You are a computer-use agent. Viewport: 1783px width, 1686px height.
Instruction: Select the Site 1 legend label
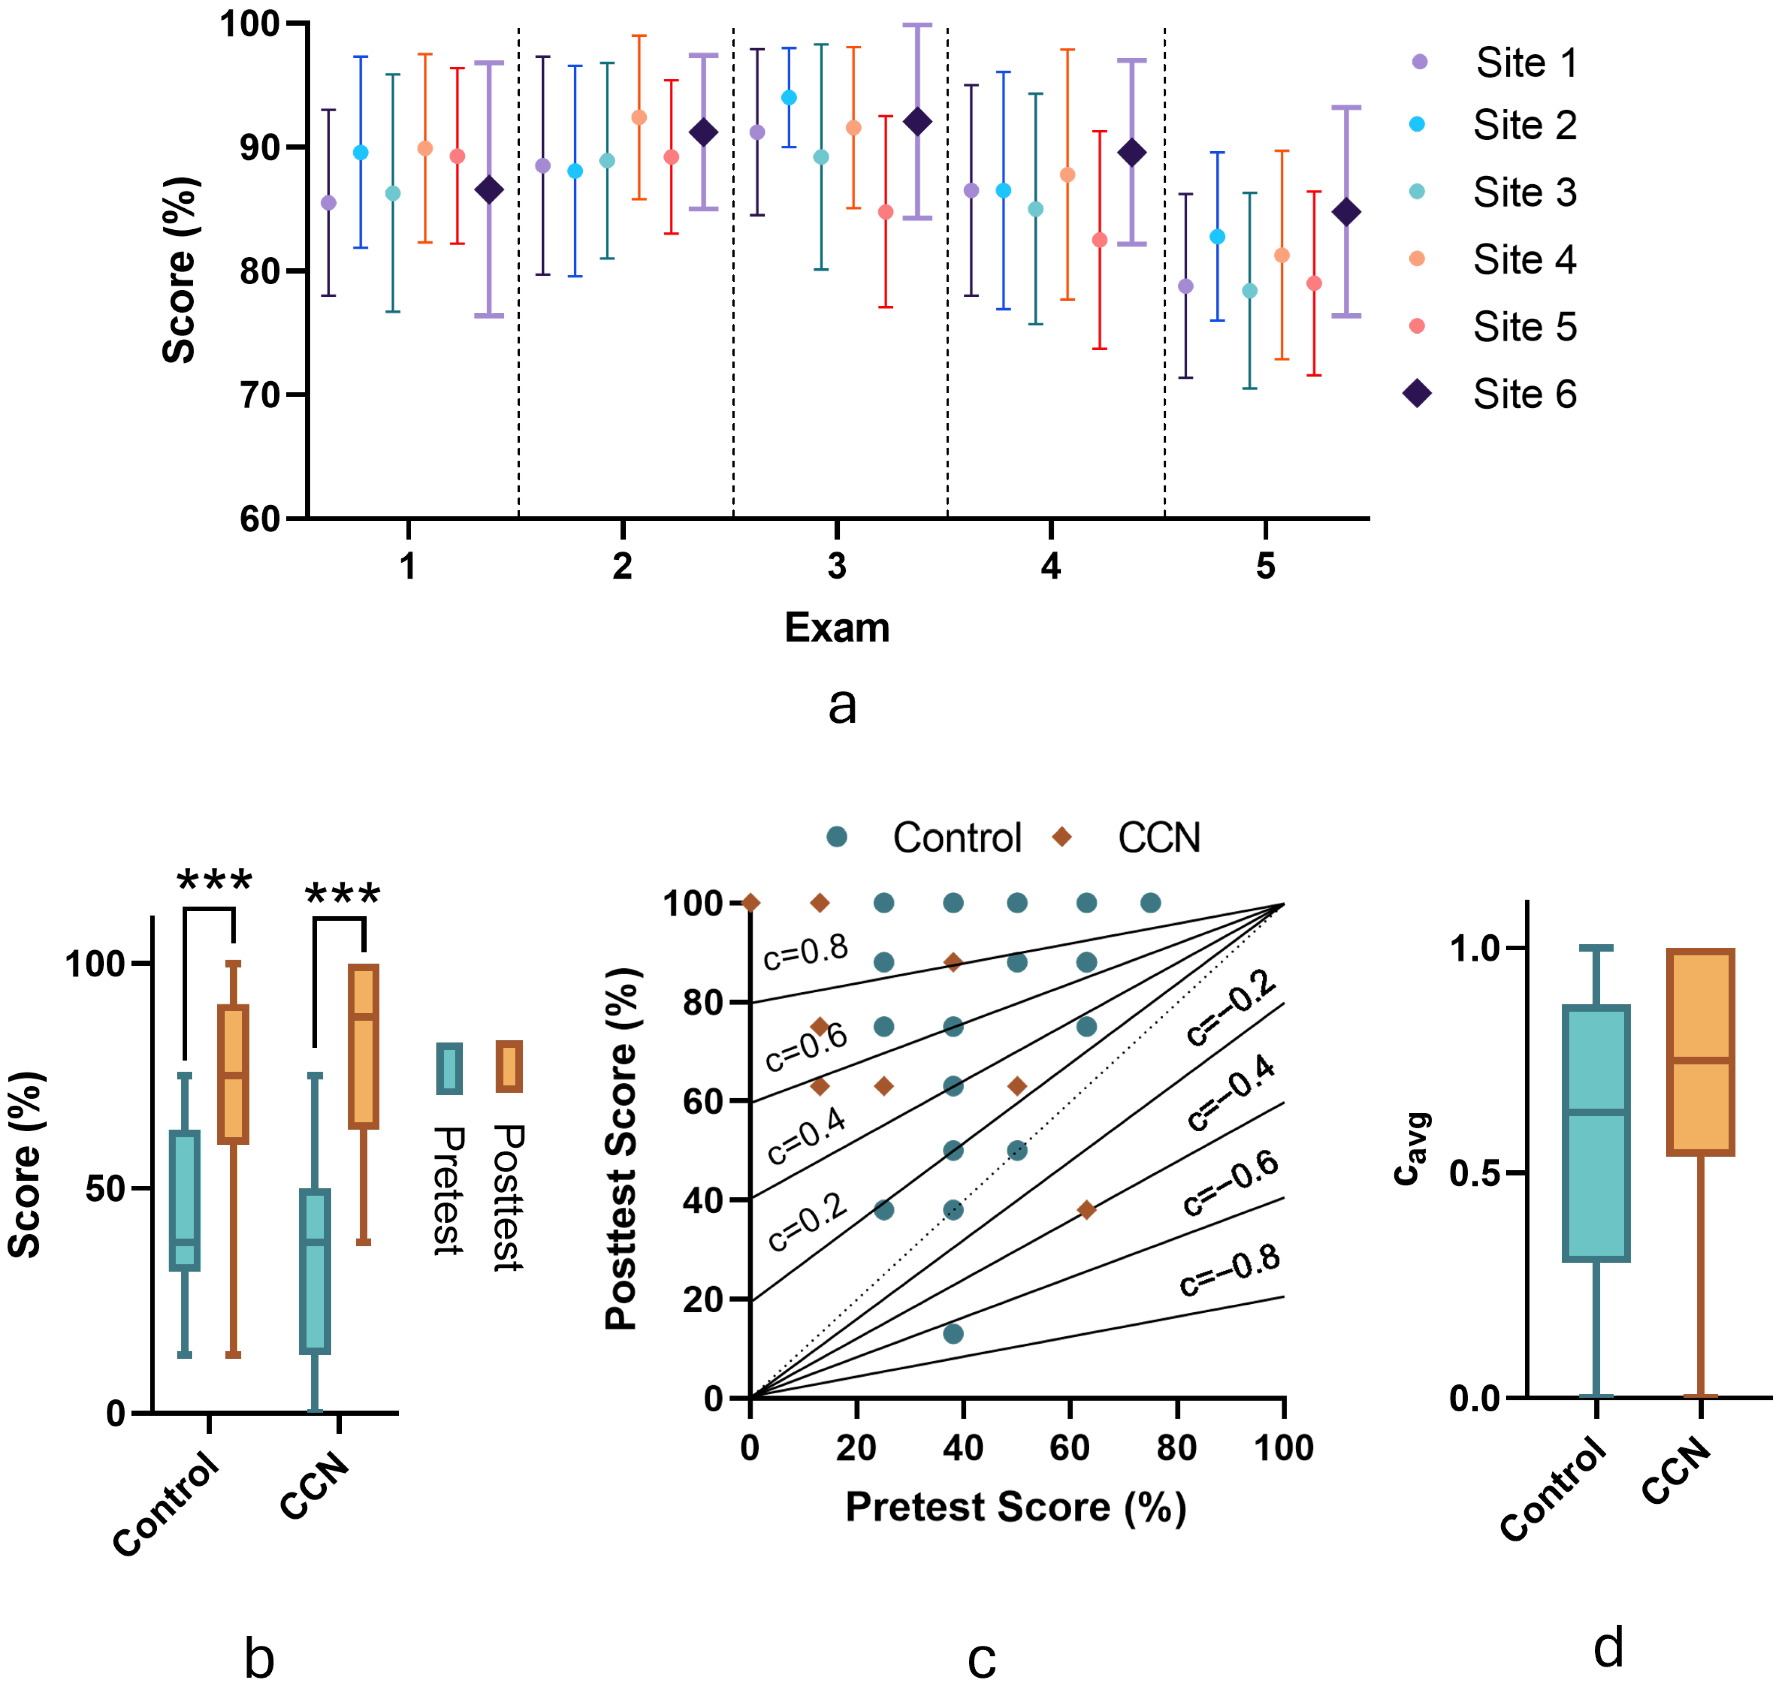point(1526,63)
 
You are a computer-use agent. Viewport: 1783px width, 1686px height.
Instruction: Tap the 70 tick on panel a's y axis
point(261,395)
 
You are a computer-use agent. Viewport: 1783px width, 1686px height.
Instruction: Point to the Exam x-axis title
point(836,627)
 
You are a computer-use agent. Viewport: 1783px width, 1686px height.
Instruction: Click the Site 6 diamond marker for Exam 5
point(1345,213)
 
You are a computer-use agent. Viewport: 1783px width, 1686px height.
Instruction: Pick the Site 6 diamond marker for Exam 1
point(489,191)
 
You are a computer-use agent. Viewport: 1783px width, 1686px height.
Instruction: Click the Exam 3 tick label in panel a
point(836,566)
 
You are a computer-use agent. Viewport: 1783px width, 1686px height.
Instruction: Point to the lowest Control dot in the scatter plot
point(954,1334)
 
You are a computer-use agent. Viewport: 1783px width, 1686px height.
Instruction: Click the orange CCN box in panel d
point(1700,1051)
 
